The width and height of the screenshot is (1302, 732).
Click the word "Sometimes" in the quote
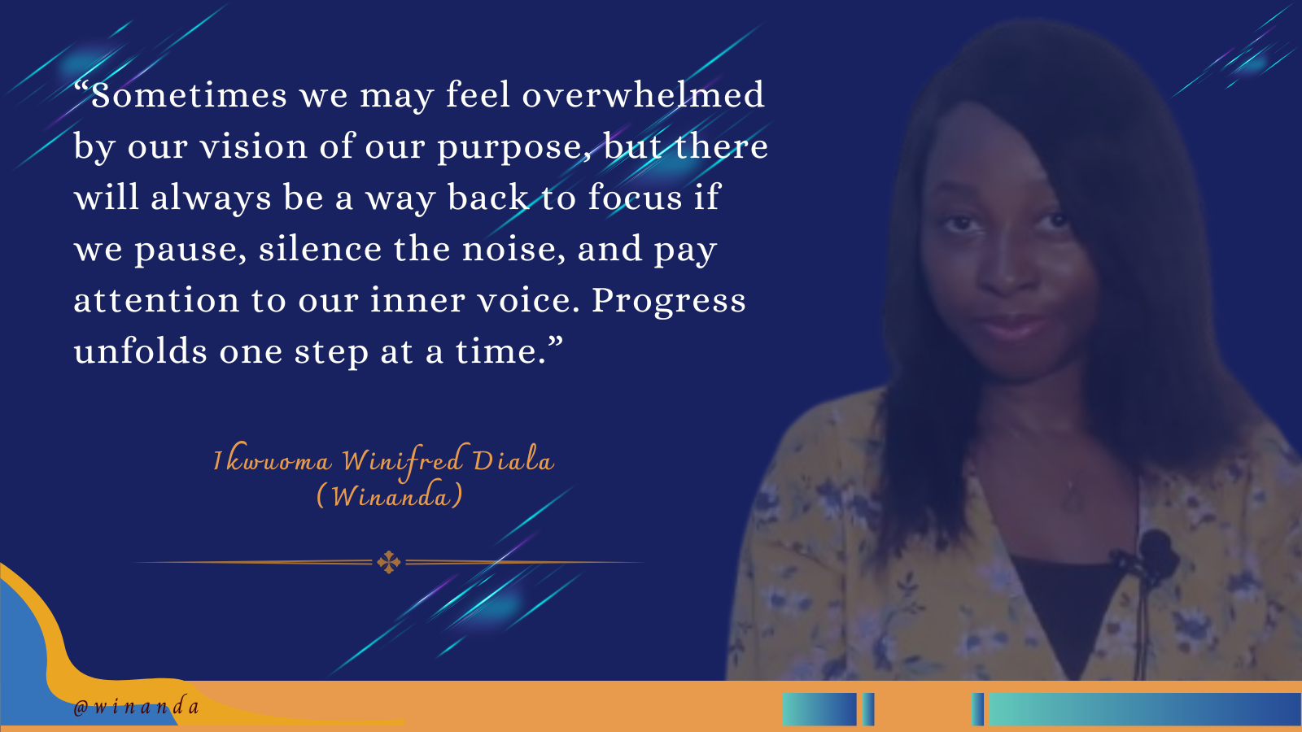[189, 94]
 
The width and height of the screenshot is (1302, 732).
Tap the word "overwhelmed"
[643, 94]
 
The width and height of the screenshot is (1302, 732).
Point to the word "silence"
[320, 249]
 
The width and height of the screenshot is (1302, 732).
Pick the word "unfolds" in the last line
[140, 351]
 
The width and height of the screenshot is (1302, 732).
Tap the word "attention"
[156, 300]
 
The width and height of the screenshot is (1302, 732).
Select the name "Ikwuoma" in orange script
[272, 461]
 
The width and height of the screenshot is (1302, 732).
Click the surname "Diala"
[513, 460]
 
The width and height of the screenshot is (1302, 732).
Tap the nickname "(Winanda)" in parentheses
[389, 495]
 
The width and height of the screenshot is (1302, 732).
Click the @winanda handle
[137, 707]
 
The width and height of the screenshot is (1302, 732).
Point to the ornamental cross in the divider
[388, 562]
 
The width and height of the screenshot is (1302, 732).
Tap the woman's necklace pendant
[1073, 497]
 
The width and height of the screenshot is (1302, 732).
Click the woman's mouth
[1014, 329]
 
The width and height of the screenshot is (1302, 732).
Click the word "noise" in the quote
[513, 249]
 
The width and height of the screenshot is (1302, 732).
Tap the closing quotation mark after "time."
[555, 341]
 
